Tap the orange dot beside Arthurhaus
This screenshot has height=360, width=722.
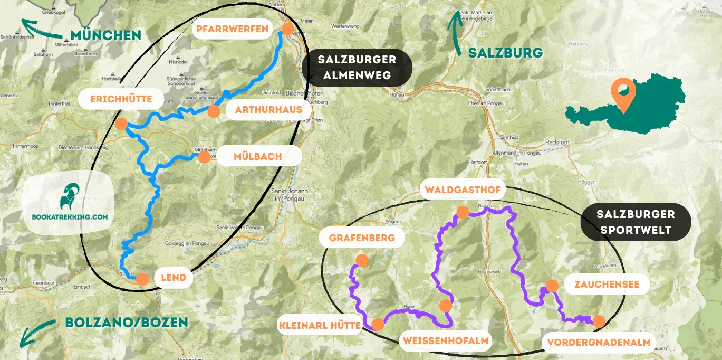pyautogui.click(x=214, y=111)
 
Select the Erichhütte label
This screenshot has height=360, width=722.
pyautogui.click(x=121, y=99)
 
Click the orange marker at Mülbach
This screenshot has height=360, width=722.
pyautogui.click(x=204, y=157)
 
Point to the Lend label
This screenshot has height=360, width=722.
pyautogui.click(x=174, y=278)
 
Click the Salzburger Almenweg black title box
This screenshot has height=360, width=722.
pyautogui.click(x=357, y=67)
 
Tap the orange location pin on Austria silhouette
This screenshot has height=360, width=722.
pyautogui.click(x=623, y=95)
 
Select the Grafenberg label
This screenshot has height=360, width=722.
pyautogui.click(x=362, y=238)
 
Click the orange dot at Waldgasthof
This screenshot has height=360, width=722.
pyautogui.click(x=463, y=212)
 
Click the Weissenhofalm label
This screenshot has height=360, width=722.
pyautogui.click(x=446, y=341)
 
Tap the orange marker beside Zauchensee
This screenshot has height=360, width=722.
pyautogui.click(x=552, y=286)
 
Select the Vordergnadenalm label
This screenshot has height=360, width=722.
pyautogui.click(x=598, y=342)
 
